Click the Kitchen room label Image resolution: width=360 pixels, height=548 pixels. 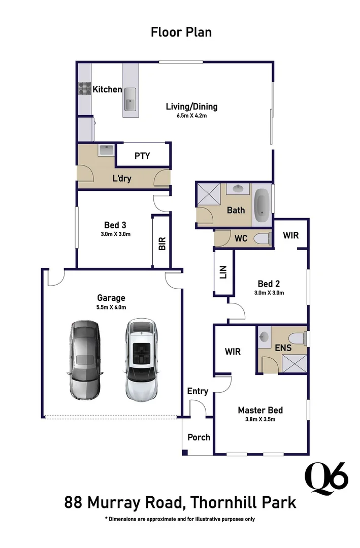point(107,89)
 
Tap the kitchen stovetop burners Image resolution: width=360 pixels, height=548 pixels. point(85,89)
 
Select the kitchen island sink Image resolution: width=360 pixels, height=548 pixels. point(130,99)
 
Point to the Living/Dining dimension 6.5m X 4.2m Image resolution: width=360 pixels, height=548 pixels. point(192,116)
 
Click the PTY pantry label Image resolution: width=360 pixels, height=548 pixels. point(142,156)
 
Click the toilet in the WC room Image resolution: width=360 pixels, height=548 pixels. point(263,238)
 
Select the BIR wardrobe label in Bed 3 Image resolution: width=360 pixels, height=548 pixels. point(162,244)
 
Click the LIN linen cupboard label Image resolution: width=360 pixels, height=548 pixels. point(223,272)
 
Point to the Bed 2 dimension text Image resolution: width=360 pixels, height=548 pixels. point(269,293)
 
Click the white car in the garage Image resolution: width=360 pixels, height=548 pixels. point(141,360)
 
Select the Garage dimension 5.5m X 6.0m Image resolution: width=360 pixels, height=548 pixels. point(111,307)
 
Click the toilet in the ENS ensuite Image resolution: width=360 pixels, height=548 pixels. point(299,338)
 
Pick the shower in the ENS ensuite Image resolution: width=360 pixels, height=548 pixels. point(294,363)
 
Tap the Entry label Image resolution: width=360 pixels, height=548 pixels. point(198,391)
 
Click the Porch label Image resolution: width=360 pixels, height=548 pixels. point(199,437)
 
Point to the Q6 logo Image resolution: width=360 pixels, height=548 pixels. point(326,479)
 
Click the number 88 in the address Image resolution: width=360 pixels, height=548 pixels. point(73,502)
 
